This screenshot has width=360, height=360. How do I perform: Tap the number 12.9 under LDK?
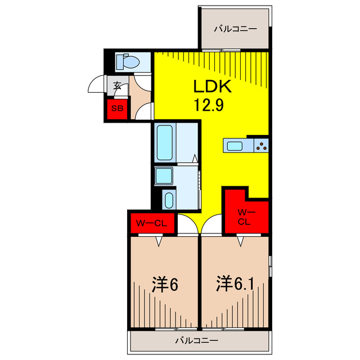click(x=209, y=105)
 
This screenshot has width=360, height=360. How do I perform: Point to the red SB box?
click(x=118, y=109)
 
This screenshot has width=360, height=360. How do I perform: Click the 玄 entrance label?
click(x=118, y=86)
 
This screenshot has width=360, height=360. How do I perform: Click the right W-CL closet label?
click(x=244, y=217)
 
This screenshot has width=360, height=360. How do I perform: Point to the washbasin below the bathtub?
click(x=164, y=176)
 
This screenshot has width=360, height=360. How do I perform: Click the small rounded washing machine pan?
click(x=169, y=200)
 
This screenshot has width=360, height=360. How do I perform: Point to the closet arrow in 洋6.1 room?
click(x=241, y=242)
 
